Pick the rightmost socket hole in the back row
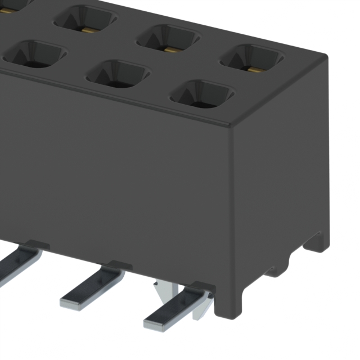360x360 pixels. [x=251, y=58]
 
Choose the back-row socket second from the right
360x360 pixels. [x=168, y=38]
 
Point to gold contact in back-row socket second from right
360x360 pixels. [x=170, y=49]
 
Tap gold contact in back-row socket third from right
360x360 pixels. [x=87, y=29]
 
